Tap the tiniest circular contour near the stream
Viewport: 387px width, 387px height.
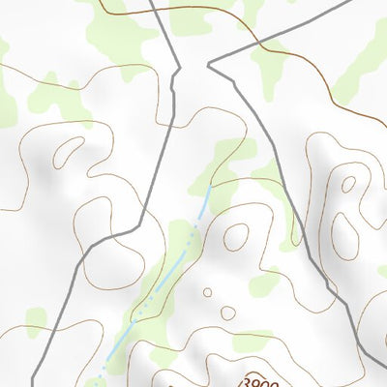click(x=207, y=291)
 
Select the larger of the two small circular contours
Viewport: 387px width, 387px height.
click(x=227, y=313)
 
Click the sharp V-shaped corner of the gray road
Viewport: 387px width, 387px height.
click(x=210, y=66)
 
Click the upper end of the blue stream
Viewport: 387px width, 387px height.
click(x=208, y=190)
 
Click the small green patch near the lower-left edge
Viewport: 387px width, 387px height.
click(x=36, y=322)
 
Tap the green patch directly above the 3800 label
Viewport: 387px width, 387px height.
click(x=253, y=341)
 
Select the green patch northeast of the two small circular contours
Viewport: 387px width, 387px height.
click(x=263, y=284)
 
